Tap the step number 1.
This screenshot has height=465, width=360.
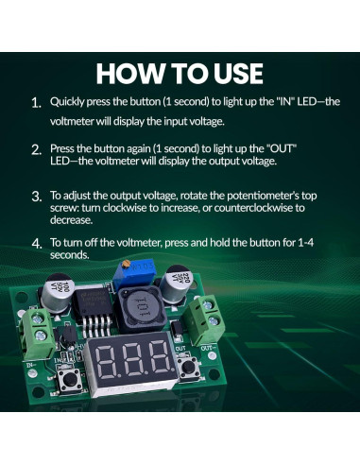tap(37, 103)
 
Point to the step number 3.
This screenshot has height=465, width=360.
tap(37, 197)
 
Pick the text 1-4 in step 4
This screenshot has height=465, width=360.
tap(305, 243)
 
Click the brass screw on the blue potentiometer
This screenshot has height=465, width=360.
tap(127, 264)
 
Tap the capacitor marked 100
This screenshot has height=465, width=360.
tap(58, 292)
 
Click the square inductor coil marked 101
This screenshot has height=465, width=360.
tap(139, 309)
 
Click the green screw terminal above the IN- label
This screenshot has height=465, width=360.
tap(38, 333)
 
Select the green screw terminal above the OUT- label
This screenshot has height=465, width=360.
tap(205, 319)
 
